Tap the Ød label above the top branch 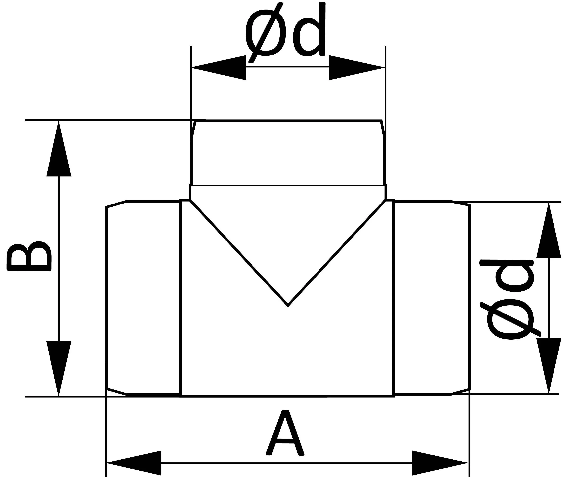(285, 32)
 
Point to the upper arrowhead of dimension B (59, 149)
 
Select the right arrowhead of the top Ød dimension (357, 68)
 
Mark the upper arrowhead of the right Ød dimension (549, 230)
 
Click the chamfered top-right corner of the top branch (383, 129)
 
